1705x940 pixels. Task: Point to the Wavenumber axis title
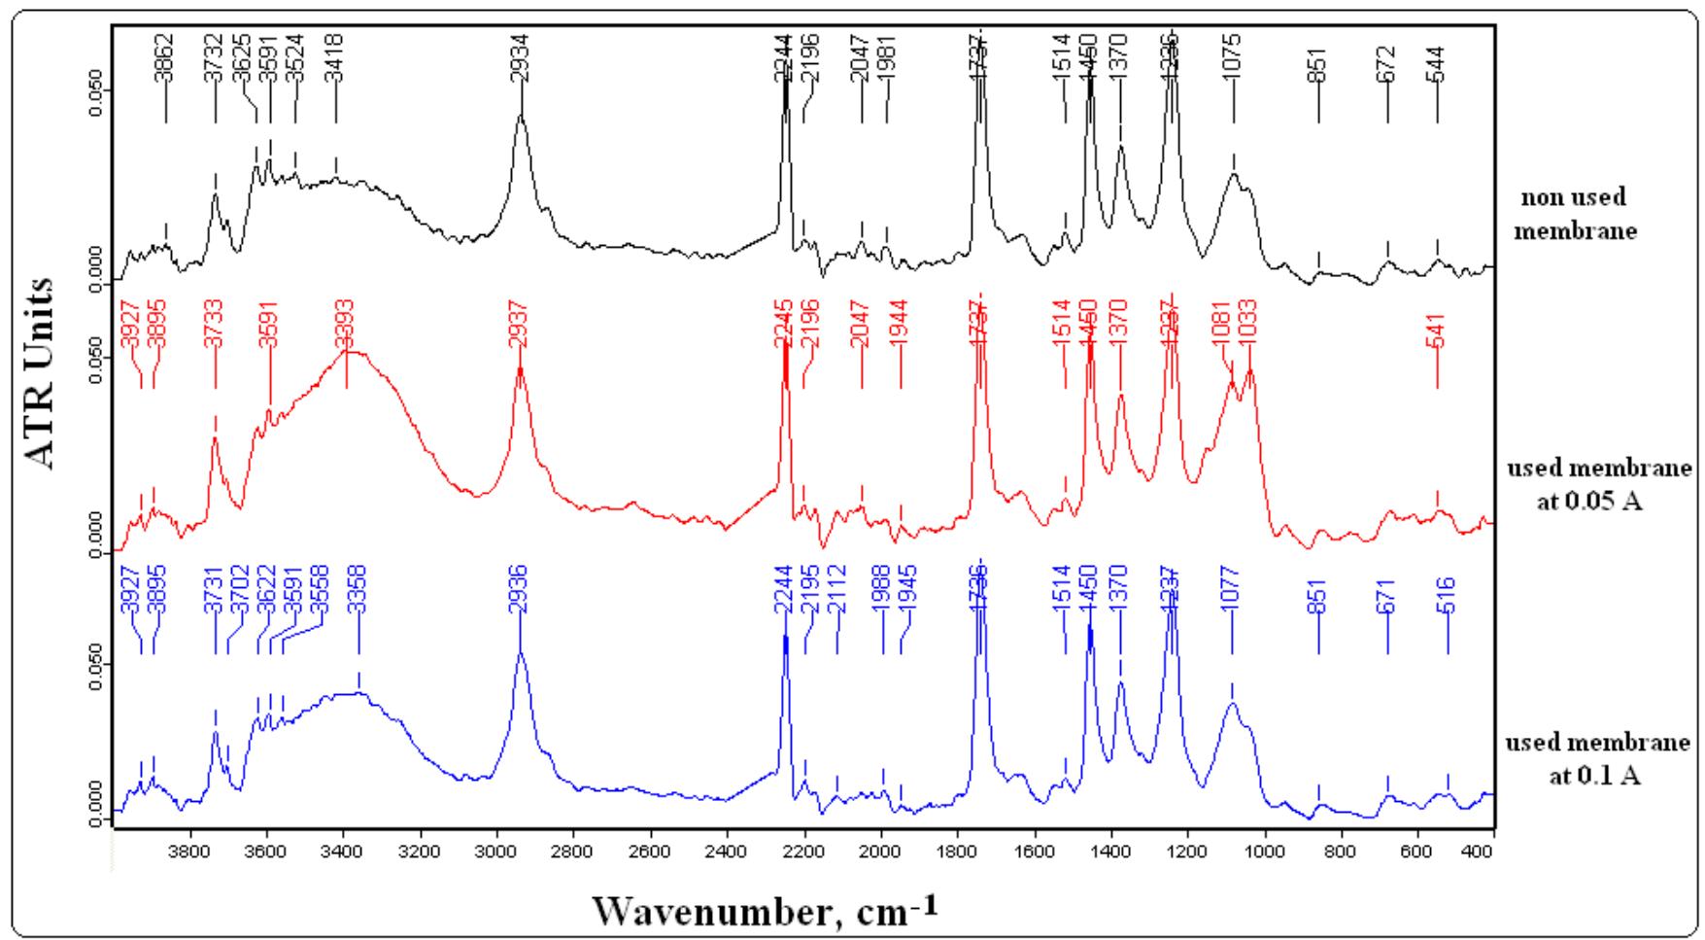[x=767, y=911]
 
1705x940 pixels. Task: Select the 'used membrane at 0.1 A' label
[x=1598, y=760]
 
